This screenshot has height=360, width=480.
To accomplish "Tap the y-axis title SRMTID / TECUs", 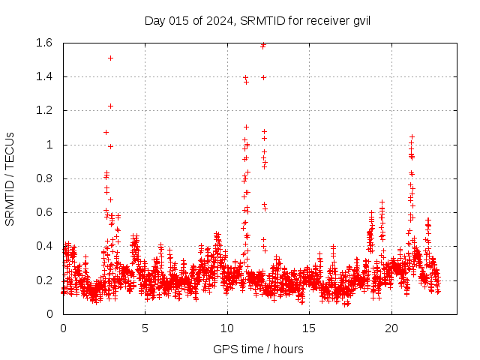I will (x=10, y=178).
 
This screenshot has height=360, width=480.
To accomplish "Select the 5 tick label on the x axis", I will (x=145, y=328).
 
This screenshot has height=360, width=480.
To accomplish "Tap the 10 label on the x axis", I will (x=227, y=328).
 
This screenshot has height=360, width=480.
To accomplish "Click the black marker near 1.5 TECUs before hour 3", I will (x=110, y=58).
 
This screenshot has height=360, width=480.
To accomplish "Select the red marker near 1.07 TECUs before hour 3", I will (x=106, y=132).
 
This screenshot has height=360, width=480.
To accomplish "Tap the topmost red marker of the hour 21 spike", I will (x=412, y=136).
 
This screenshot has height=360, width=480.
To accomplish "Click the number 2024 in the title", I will (x=217, y=20).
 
